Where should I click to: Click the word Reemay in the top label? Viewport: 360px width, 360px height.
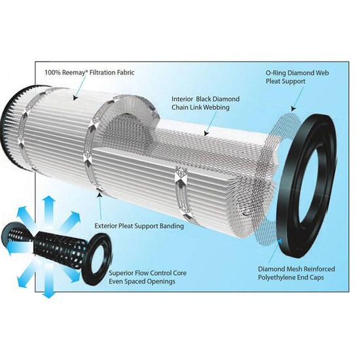coord(74,73)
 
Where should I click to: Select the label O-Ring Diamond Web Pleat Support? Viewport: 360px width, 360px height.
coord(297,77)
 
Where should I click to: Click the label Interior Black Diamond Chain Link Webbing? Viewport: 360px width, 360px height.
coord(206,103)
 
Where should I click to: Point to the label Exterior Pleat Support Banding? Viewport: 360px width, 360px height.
coord(139,226)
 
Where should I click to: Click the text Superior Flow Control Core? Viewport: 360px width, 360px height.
coord(147,273)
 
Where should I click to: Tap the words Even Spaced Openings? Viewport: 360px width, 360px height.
coord(142,281)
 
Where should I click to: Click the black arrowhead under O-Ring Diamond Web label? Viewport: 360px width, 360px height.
coord(293,109)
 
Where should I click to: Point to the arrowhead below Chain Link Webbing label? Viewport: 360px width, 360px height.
coord(206,134)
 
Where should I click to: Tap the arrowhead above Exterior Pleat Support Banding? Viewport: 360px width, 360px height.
coord(99,195)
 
